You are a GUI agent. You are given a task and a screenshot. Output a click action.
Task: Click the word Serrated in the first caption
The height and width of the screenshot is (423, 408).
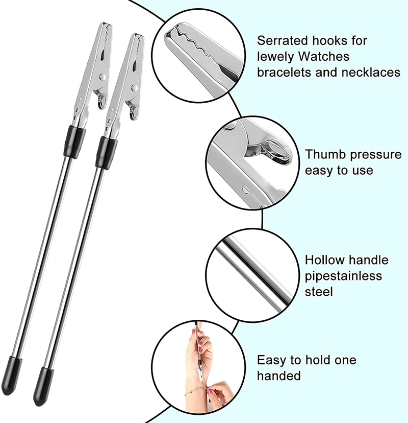282,40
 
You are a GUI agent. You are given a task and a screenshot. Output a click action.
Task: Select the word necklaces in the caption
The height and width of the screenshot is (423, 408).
373,72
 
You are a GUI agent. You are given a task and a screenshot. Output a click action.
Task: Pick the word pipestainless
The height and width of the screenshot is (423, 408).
343,276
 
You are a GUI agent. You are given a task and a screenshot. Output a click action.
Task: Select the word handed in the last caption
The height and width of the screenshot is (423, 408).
278,376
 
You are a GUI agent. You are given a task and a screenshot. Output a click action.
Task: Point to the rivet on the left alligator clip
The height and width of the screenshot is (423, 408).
104,76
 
